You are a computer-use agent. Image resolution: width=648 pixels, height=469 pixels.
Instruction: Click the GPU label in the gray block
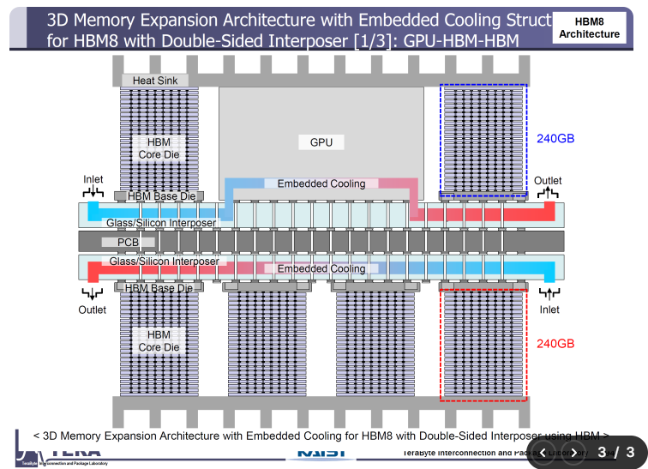click(321, 142)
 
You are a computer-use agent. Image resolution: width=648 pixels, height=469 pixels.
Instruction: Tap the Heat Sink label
click(155, 81)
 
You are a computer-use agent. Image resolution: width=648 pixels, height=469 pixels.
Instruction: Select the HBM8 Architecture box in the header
click(589, 27)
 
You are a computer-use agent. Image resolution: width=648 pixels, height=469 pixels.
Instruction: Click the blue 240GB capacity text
click(555, 138)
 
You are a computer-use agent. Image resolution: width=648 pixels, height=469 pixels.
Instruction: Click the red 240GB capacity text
click(555, 343)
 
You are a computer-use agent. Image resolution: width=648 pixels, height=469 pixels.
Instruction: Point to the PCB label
click(128, 242)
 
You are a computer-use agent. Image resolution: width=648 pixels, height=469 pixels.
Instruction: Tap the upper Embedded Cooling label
click(321, 183)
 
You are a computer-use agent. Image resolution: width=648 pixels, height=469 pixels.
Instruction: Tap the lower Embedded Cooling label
click(321, 268)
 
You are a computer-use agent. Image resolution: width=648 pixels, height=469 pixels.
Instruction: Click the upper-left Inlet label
click(93, 180)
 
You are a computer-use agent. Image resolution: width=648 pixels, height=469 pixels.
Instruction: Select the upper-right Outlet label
click(548, 180)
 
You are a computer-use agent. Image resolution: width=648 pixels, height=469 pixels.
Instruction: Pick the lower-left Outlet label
click(93, 310)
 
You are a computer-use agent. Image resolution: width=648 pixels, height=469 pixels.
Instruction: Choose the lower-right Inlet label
click(549, 310)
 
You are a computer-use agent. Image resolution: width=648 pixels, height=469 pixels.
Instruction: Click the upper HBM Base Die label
click(161, 196)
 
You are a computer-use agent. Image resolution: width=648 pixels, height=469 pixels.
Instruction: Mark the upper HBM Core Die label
click(159, 148)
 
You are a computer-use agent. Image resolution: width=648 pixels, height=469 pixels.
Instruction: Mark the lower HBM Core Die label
click(159, 341)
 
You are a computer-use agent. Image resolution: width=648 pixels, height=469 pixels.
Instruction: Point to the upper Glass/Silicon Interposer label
click(161, 223)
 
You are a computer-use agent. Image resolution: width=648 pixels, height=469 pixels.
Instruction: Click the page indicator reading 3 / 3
click(615, 452)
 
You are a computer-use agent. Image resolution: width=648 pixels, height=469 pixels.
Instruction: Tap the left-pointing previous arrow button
click(542, 452)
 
